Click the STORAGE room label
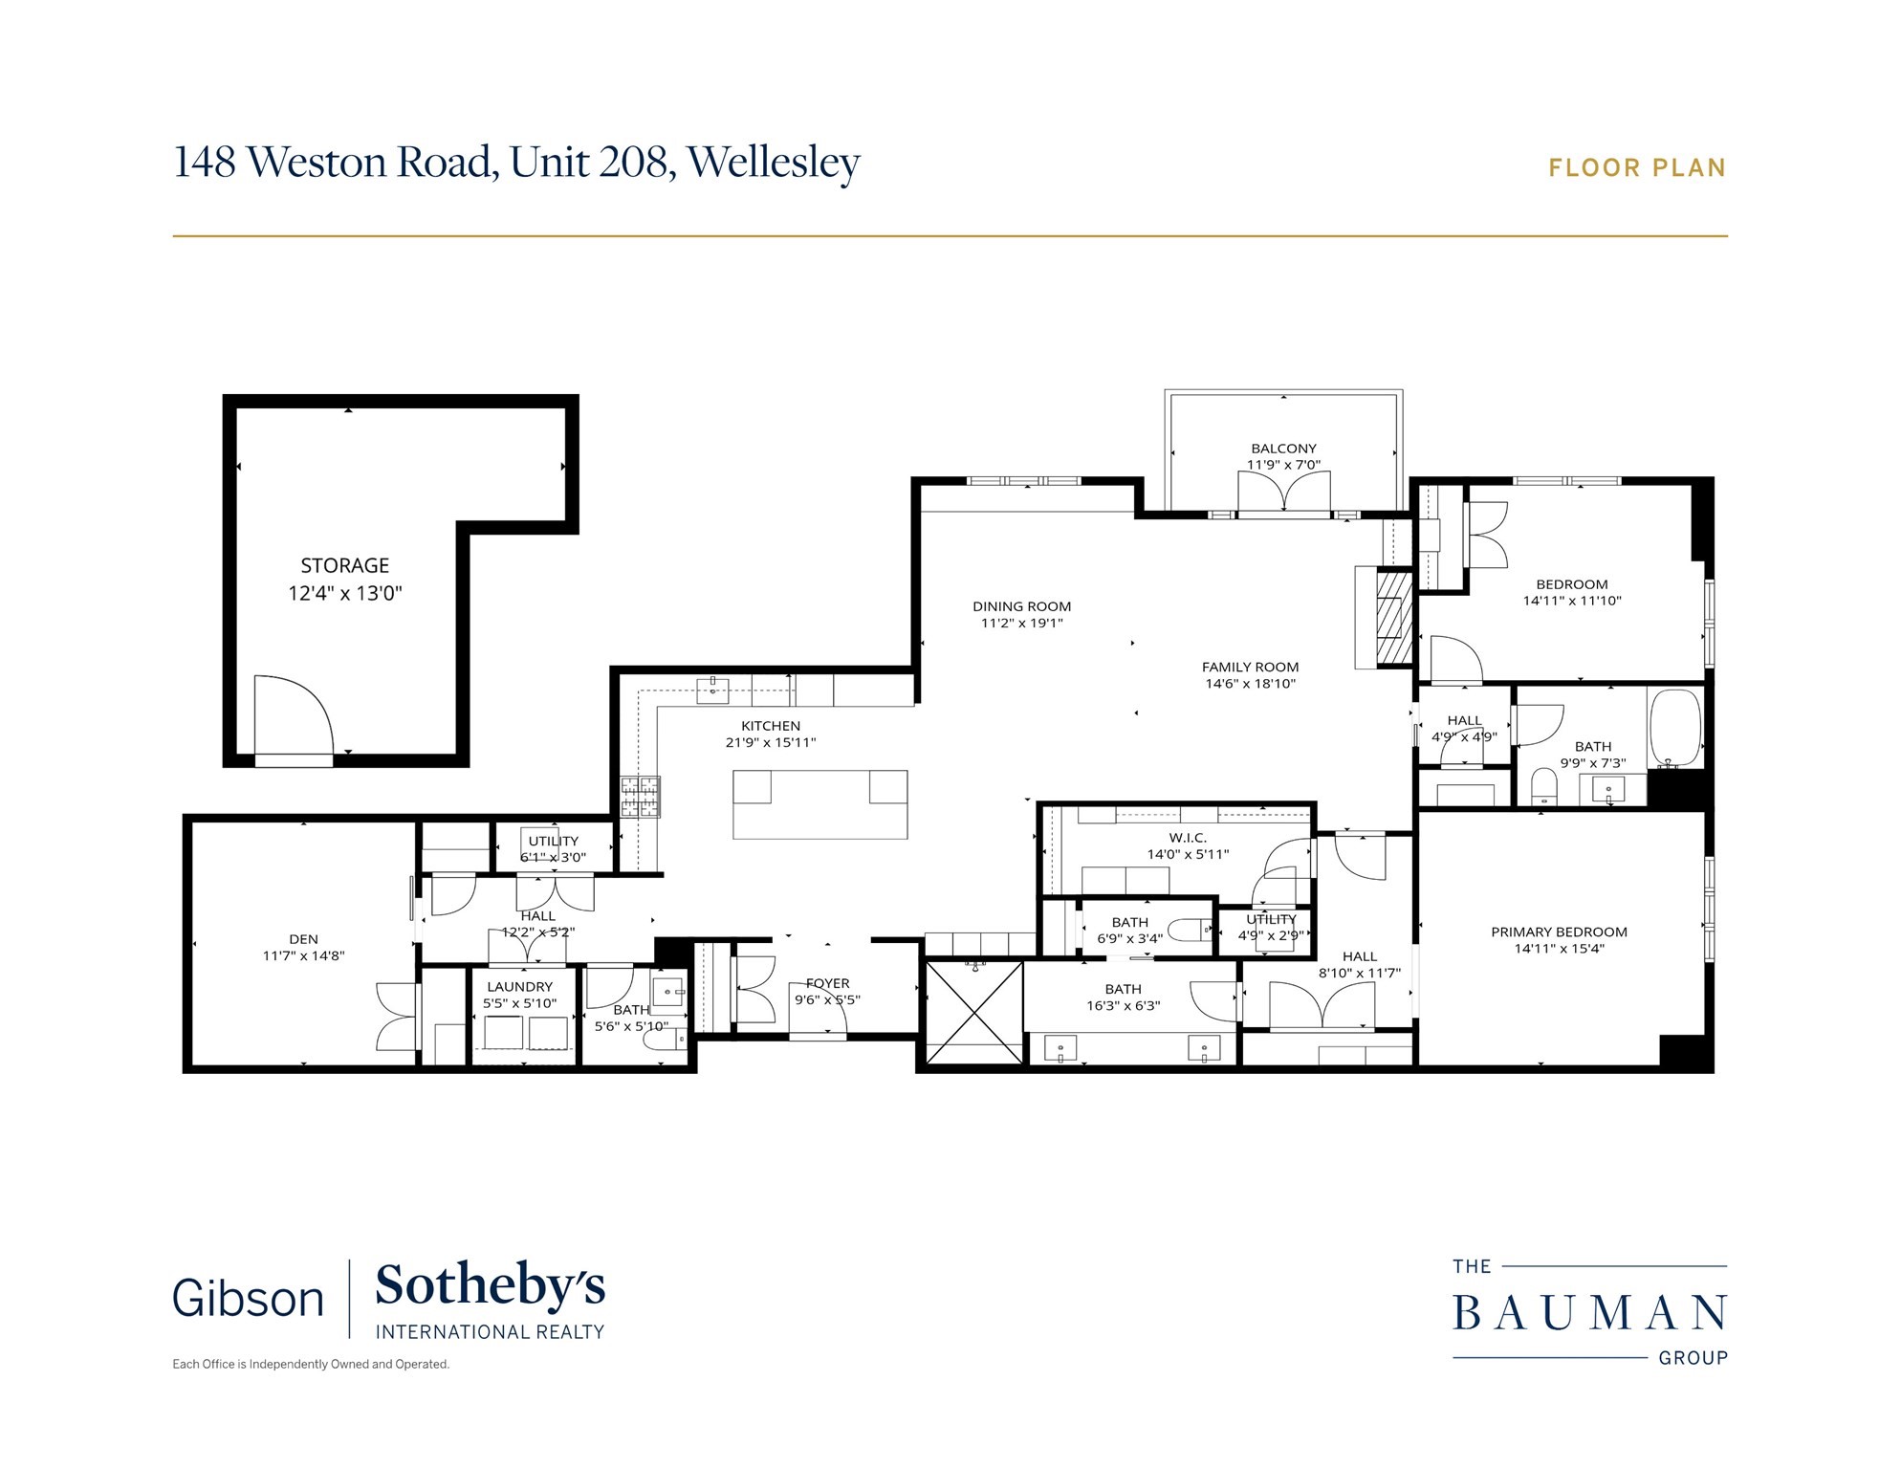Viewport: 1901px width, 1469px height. [344, 565]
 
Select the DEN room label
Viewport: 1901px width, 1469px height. [303, 939]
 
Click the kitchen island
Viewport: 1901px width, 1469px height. [819, 804]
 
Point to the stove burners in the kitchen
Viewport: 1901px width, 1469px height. [640, 797]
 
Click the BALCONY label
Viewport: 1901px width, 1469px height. [1283, 449]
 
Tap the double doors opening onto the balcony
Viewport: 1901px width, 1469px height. [1283, 493]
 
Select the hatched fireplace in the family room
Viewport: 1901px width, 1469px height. [1393, 619]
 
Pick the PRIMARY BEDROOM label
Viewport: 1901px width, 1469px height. [1559, 932]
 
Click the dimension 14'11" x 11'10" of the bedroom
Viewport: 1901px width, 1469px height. [1572, 601]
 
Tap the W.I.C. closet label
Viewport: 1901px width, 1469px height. [1188, 838]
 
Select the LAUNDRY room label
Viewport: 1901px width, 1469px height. [519, 986]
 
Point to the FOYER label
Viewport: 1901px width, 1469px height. [827, 983]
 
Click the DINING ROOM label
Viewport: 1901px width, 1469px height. [1021, 606]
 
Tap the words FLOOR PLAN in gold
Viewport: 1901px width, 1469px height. [1637, 168]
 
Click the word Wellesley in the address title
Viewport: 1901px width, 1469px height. [774, 162]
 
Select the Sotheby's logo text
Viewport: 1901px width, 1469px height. [490, 1286]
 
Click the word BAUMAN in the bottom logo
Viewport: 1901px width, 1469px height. [1589, 1314]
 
